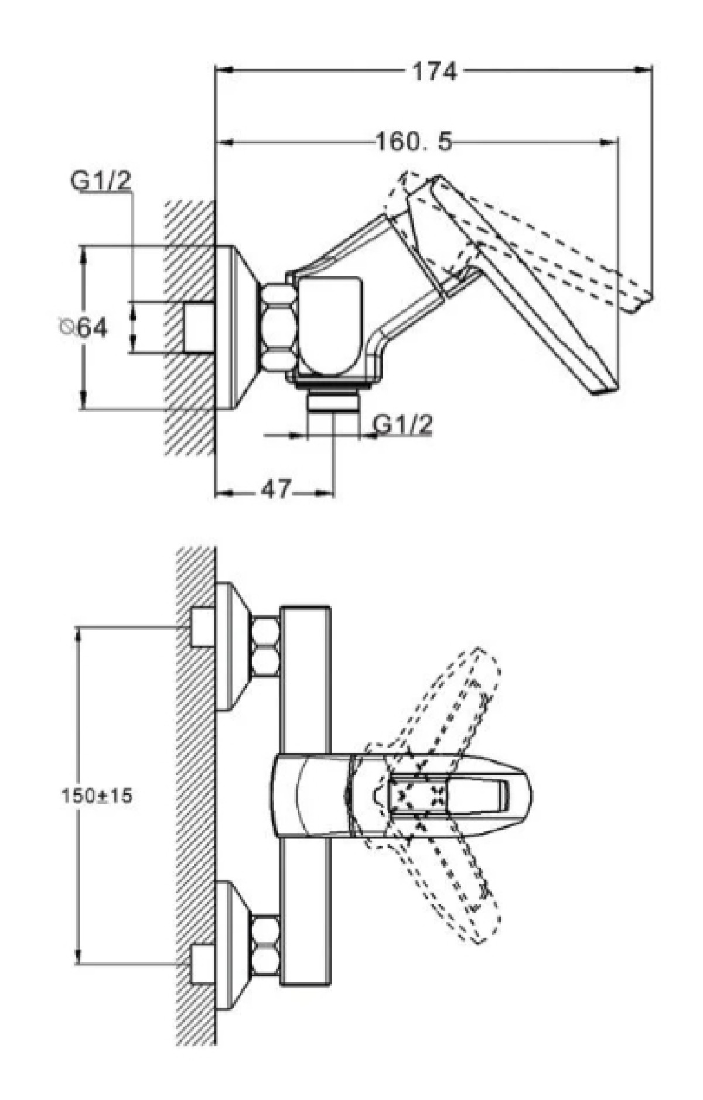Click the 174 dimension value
point(434,71)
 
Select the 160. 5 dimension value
point(414,142)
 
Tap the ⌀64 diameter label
point(84,327)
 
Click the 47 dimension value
point(276,489)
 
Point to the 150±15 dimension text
point(97,795)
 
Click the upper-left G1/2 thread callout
point(101,181)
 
